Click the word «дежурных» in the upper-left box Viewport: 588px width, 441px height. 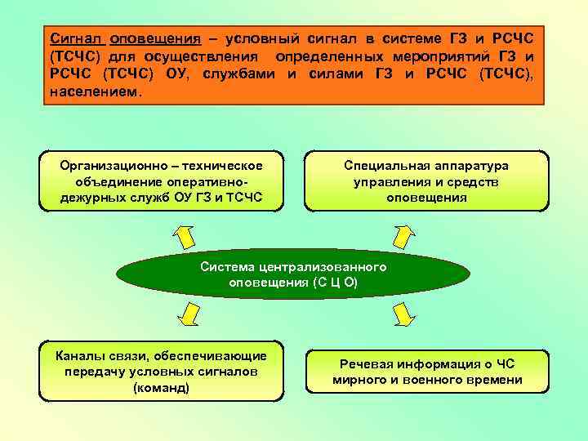pos(87,198)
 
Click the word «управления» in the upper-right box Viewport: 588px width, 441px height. pos(388,181)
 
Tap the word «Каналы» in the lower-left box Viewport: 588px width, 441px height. pos(77,355)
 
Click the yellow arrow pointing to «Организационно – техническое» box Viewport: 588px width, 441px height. pos(185,234)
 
